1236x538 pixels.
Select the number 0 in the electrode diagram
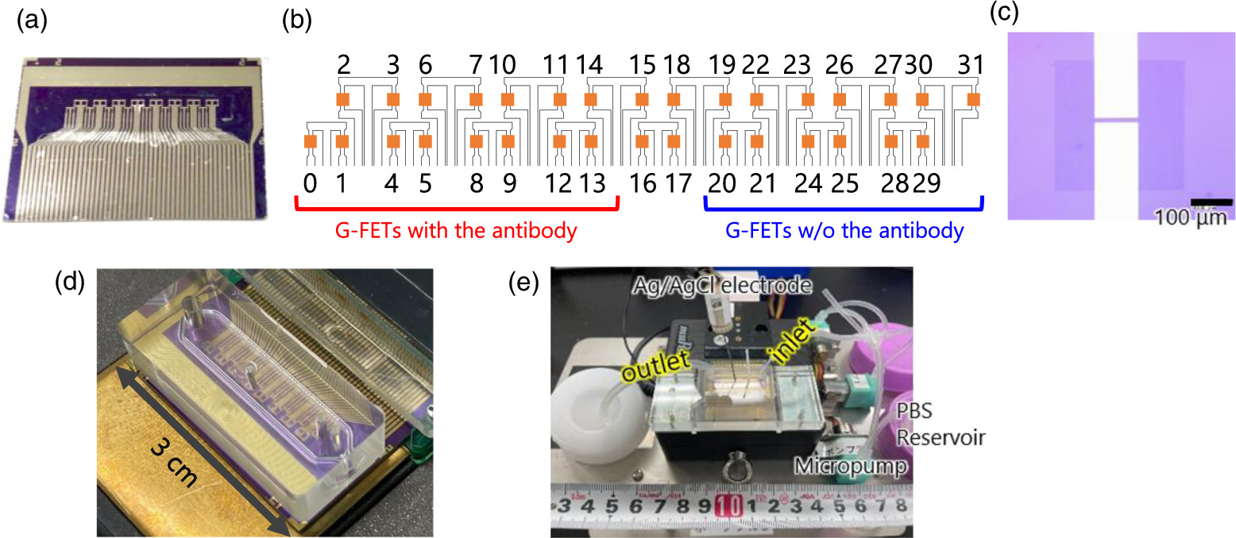(x=310, y=183)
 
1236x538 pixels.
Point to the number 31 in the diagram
(x=971, y=64)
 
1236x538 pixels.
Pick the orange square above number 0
(x=311, y=141)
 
